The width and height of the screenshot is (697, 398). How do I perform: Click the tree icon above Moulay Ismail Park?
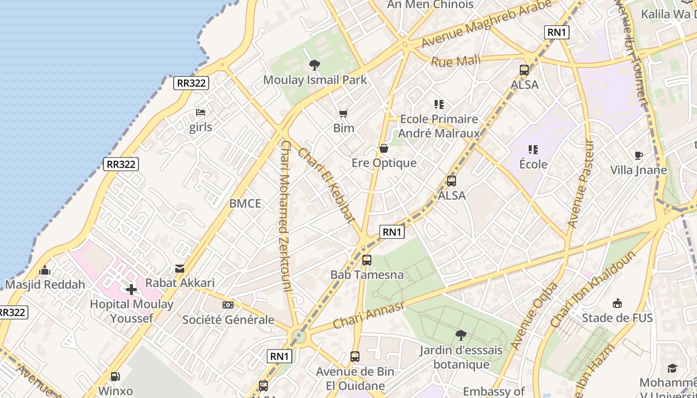[314, 65]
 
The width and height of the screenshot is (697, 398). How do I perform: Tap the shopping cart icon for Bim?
[343, 113]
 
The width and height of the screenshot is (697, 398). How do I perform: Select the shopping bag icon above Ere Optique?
[384, 148]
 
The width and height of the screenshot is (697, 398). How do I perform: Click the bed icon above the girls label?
[201, 112]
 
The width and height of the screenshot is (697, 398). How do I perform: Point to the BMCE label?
[245, 203]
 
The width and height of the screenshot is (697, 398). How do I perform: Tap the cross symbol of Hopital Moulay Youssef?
[131, 289]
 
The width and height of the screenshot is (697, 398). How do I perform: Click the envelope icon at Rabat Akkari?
[180, 269]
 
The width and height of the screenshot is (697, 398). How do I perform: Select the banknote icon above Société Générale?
[228, 305]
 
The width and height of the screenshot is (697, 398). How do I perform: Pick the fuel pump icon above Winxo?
[116, 377]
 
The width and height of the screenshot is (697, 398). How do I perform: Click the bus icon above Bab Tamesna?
[367, 260]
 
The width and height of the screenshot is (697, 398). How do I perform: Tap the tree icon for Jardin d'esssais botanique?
[461, 335]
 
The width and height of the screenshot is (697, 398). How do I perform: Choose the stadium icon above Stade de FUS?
[617, 303]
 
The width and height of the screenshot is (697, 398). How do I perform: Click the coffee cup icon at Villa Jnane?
[639, 156]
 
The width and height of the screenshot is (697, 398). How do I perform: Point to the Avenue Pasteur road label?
[581, 184]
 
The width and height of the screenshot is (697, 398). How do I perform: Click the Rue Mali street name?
[456, 61]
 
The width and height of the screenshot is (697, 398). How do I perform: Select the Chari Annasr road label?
[369, 315]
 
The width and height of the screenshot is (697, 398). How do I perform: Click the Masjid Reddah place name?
[45, 285]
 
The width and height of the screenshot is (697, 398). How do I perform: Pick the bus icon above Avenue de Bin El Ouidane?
[355, 356]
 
